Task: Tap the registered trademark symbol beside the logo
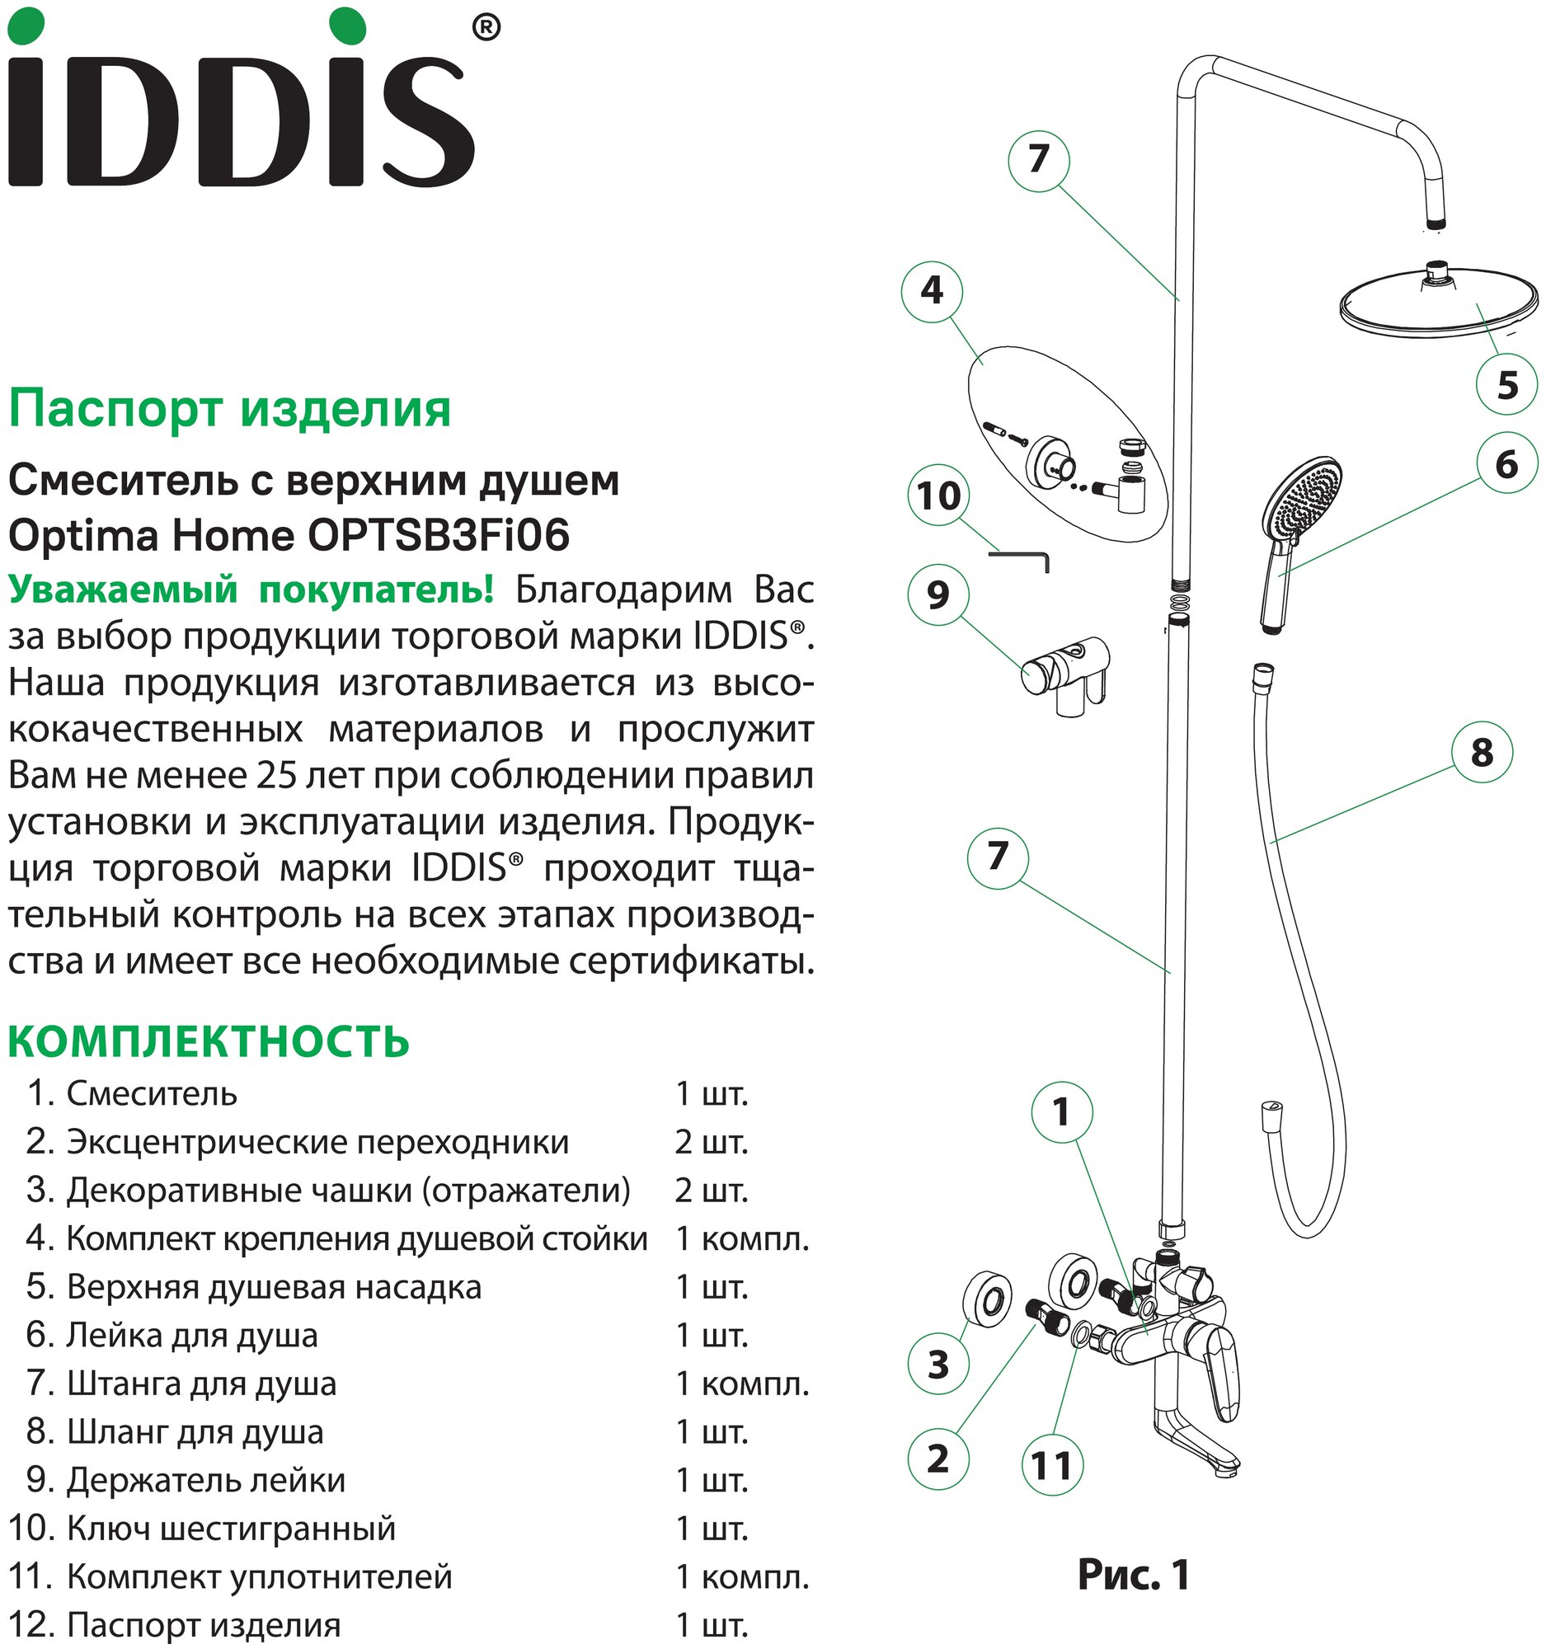pos(485,28)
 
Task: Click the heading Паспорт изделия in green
pos(230,410)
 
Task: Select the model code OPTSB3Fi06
pos(439,536)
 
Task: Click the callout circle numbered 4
pos(932,291)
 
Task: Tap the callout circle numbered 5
pos(1507,385)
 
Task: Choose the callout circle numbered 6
pos(1506,463)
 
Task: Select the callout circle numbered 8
pos(1482,753)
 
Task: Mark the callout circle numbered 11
pos(1051,1466)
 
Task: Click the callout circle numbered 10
pos(939,496)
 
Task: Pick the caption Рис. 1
pos(1133,1573)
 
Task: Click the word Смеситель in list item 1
pos(152,1094)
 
